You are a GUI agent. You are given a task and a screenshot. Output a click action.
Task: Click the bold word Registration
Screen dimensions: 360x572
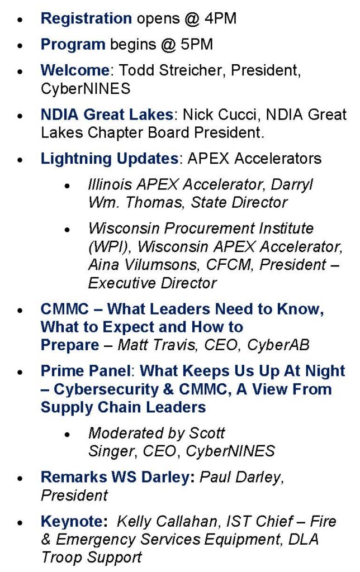click(x=86, y=18)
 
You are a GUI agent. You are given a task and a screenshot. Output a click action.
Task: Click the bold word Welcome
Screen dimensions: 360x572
click(x=75, y=70)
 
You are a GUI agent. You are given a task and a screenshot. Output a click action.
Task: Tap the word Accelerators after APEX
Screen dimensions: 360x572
click(x=278, y=159)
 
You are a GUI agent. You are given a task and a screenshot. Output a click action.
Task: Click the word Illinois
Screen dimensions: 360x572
click(x=110, y=184)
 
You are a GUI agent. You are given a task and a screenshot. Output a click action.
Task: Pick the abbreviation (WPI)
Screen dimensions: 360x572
click(x=110, y=247)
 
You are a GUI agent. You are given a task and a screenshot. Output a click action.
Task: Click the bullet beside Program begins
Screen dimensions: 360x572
click(x=21, y=46)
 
